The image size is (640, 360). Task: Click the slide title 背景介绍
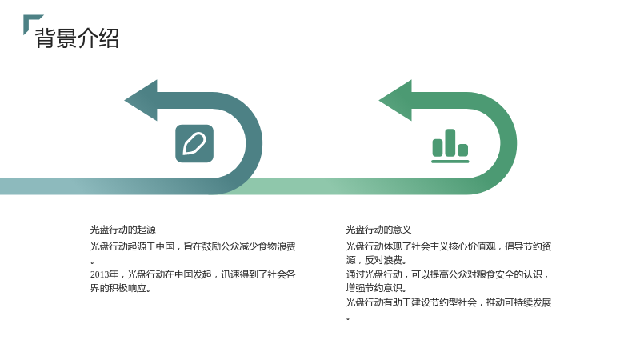click(77, 38)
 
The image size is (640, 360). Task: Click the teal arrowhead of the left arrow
click(142, 101)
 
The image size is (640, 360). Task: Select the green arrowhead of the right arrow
click(396, 101)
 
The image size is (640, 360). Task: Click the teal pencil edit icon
click(194, 144)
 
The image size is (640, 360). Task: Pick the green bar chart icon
click(450, 146)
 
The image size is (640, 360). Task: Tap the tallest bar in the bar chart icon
click(450, 142)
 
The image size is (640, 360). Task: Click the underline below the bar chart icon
click(450, 162)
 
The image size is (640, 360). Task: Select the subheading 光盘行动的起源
click(123, 230)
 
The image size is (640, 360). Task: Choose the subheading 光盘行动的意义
click(378, 230)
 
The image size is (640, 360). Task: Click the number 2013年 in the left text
click(104, 274)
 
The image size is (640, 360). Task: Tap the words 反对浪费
click(383, 260)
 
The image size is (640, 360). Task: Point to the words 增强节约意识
click(374, 288)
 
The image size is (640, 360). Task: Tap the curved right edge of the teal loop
click(254, 144)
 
